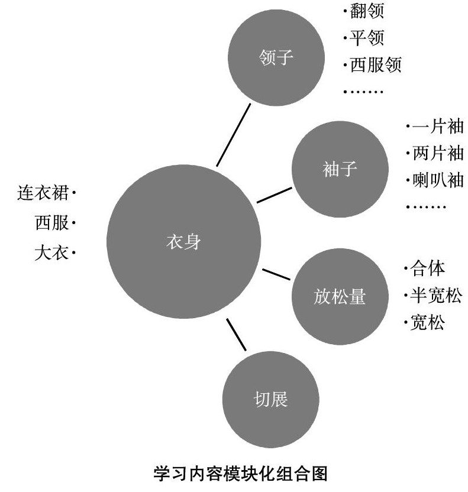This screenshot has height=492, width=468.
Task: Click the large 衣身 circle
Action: [x=183, y=242]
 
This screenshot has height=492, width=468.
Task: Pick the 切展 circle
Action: [x=270, y=400]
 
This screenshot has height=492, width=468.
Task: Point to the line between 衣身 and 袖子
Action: [x=275, y=195]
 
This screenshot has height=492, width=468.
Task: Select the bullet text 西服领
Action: [x=375, y=64]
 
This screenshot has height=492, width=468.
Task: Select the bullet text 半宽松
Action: [x=435, y=296]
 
